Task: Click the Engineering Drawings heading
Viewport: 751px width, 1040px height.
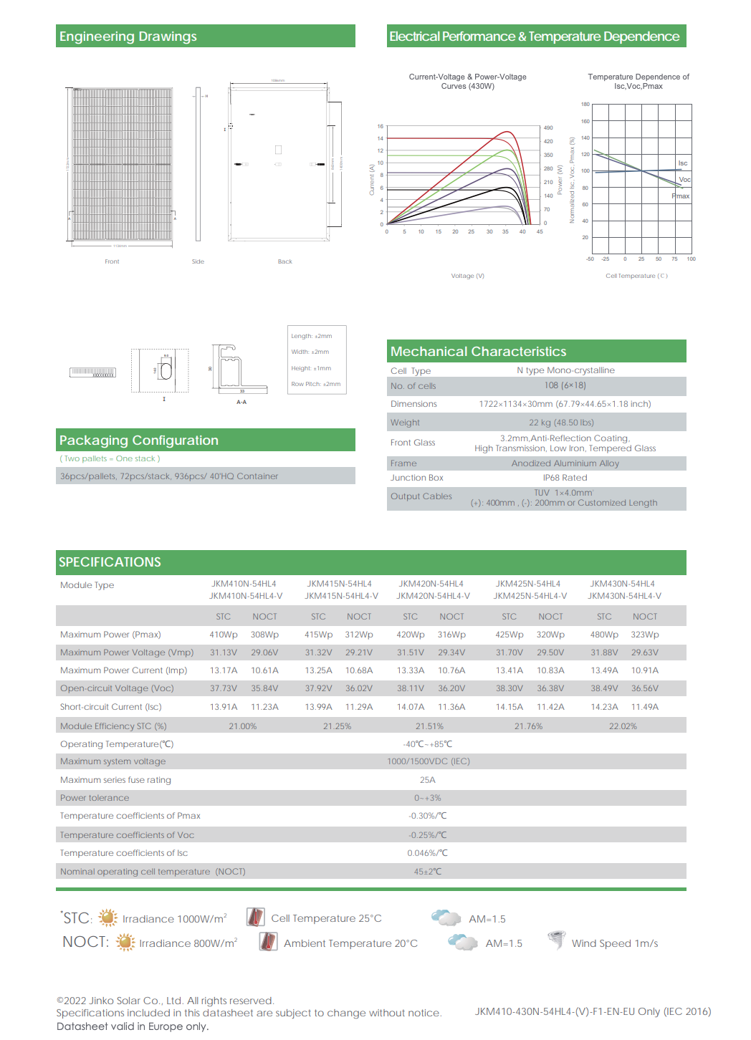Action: pyautogui.click(x=128, y=37)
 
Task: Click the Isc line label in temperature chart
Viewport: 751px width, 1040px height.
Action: pyautogui.click(x=682, y=163)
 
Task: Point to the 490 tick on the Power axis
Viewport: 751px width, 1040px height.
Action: pyautogui.click(x=548, y=127)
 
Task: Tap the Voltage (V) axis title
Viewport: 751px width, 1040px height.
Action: pyautogui.click(x=467, y=276)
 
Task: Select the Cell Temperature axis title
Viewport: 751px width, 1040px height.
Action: pyautogui.click(x=636, y=276)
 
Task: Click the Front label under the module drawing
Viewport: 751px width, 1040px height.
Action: pyautogui.click(x=112, y=261)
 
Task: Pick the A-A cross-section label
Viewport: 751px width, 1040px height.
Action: pyautogui.click(x=241, y=402)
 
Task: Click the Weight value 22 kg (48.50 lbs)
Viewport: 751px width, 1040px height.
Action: pyautogui.click(x=561, y=423)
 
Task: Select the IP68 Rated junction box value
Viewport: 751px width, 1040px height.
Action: pyautogui.click(x=565, y=478)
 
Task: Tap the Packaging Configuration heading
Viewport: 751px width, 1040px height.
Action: pyautogui.click(x=139, y=440)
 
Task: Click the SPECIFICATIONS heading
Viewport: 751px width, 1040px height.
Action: pyautogui.click(x=110, y=562)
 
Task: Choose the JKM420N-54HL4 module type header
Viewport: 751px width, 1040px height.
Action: pyautogui.click(x=431, y=584)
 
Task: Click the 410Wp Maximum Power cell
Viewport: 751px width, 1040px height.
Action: pyautogui.click(x=224, y=635)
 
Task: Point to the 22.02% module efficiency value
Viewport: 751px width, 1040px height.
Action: pyautogui.click(x=623, y=726)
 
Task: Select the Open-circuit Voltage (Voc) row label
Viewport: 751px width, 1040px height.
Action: pyautogui.click(x=117, y=688)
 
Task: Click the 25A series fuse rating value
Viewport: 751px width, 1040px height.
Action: pyautogui.click(x=428, y=780)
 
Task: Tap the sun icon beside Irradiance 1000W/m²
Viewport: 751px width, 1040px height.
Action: pyautogui.click(x=107, y=918)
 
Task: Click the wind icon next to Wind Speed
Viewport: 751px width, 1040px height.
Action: pyautogui.click(x=556, y=940)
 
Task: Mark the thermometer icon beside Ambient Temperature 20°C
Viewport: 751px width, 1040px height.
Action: pyautogui.click(x=268, y=941)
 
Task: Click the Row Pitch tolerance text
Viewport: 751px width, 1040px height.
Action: pyautogui.click(x=316, y=384)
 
